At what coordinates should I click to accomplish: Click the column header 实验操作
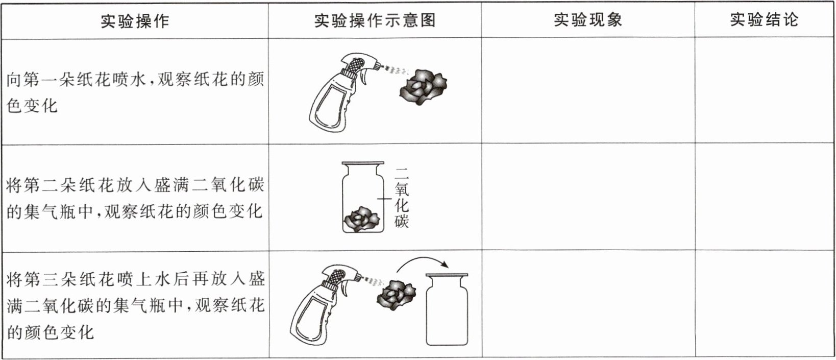coord(135,21)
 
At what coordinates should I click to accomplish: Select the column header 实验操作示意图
coord(375,20)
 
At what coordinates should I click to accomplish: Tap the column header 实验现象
coord(588,20)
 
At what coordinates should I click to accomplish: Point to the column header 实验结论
coord(764,19)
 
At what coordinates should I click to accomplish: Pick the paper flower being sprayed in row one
coord(423,87)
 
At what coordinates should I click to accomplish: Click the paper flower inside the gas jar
coord(361,219)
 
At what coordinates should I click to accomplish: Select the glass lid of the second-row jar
coord(363,163)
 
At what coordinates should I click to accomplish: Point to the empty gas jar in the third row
coord(447,309)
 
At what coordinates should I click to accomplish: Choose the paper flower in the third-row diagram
coord(396,295)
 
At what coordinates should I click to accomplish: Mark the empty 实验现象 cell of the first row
coord(588,90)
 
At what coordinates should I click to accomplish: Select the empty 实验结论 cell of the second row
coord(765,197)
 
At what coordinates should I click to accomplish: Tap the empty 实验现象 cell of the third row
coord(588,304)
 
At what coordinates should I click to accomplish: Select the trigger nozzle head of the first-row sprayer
coord(360,63)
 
